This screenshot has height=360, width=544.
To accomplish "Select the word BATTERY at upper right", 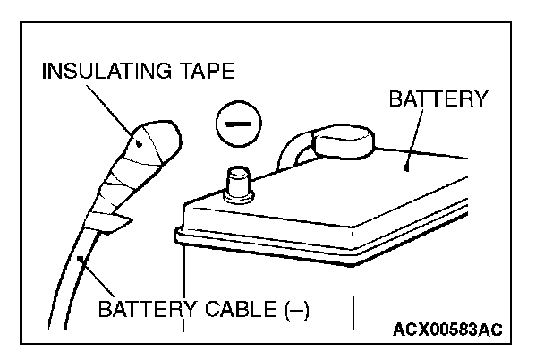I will click(438, 98).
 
